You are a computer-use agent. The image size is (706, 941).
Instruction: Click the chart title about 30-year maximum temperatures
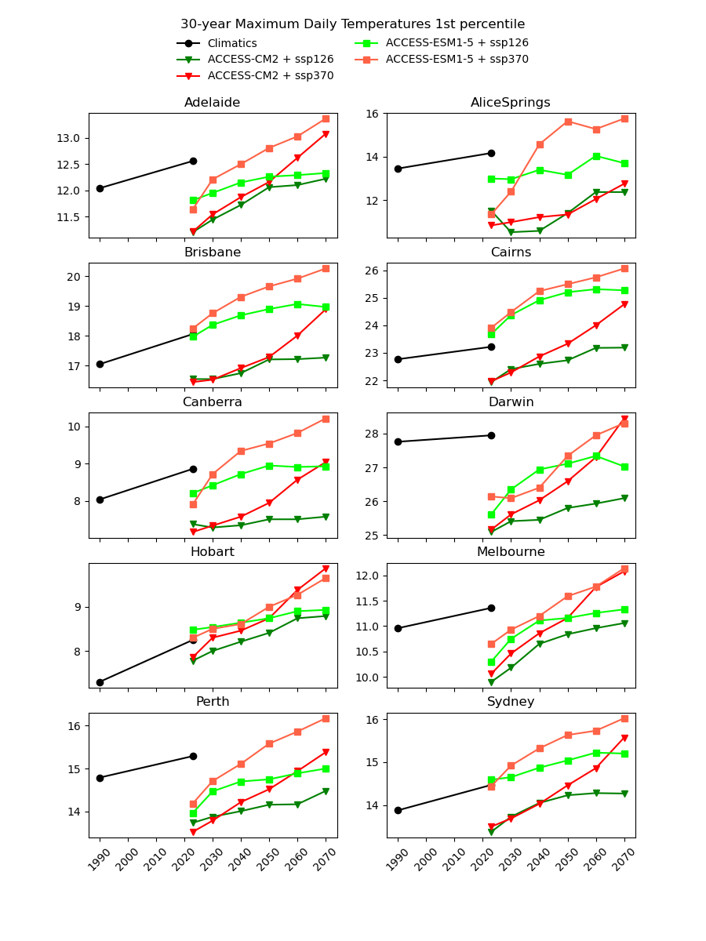coord(352,24)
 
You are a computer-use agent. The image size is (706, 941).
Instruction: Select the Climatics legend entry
coord(231,43)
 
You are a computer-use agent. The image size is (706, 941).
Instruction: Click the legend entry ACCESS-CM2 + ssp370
coord(270,76)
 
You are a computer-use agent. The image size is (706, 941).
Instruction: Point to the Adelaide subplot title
coord(212,103)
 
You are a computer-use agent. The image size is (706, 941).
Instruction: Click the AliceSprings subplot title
coord(510,103)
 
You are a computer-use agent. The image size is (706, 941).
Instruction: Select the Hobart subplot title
coord(212,552)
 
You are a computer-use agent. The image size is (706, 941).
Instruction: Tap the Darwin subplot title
coord(511,402)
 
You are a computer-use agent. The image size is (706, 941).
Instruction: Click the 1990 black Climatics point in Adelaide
coord(100,188)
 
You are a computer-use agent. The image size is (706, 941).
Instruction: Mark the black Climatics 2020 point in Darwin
coord(491,435)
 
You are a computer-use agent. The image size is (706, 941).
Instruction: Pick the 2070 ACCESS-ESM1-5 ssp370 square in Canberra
coord(326,419)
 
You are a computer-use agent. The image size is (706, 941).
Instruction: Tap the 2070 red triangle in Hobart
coord(326,569)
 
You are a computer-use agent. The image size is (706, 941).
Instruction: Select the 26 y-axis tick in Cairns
coord(373,271)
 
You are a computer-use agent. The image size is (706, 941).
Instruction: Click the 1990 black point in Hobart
coord(100,682)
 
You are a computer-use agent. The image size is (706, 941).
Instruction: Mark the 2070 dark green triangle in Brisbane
coord(326,358)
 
